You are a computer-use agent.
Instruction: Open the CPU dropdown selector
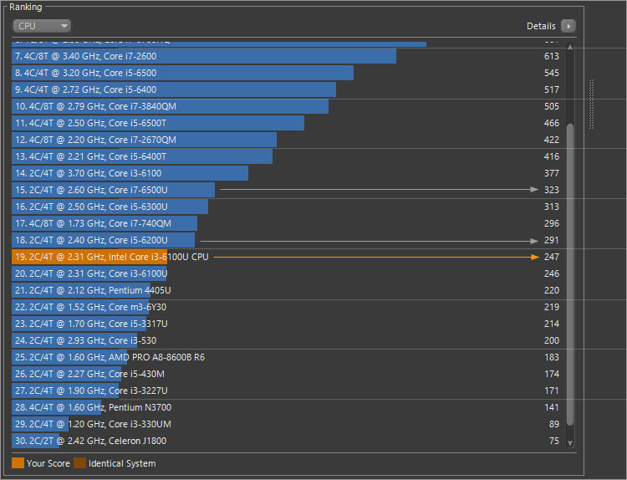coord(42,26)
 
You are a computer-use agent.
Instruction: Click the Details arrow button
coord(568,26)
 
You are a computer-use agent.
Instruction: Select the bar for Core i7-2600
coord(203,56)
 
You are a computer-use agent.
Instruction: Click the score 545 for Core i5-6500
coord(551,73)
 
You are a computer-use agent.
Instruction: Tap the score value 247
coord(551,257)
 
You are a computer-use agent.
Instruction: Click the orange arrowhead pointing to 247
coord(535,257)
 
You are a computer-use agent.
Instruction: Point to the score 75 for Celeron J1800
coord(553,441)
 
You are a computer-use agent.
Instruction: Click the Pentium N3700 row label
coord(140,407)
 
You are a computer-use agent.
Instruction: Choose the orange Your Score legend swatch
coord(18,463)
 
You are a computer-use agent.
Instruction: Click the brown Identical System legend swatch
coord(79,463)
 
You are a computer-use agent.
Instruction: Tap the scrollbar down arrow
coord(570,442)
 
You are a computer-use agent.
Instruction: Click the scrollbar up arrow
coord(570,47)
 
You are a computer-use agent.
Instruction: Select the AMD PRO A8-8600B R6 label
coord(156,357)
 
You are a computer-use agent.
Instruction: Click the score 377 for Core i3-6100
coord(551,173)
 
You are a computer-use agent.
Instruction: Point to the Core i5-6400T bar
coord(142,156)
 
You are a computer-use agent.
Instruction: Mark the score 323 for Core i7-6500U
coord(551,190)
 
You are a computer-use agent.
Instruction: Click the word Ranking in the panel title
coord(25,8)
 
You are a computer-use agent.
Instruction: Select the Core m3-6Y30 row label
coord(138,307)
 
